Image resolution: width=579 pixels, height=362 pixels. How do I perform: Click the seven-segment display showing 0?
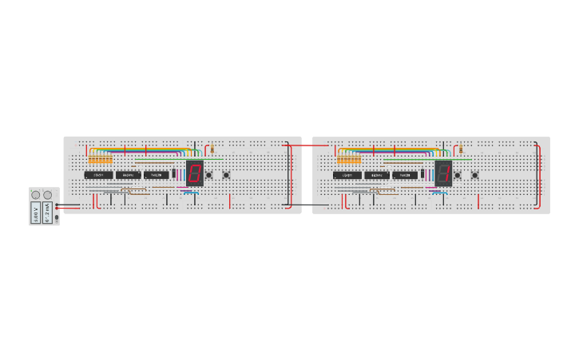pyautogui.click(x=194, y=173)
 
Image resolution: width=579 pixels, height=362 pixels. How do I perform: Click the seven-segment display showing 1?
pyautogui.click(x=443, y=173)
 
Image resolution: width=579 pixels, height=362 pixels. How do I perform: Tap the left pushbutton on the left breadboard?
pyautogui.click(x=209, y=175)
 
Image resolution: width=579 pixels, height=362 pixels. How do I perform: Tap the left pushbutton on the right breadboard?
pyautogui.click(x=458, y=175)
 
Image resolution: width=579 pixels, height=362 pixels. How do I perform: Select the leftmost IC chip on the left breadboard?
pyautogui.click(x=98, y=175)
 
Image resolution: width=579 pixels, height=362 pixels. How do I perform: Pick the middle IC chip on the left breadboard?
pyautogui.click(x=128, y=175)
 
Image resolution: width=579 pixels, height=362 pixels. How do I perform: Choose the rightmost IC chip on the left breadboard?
pyautogui.click(x=157, y=175)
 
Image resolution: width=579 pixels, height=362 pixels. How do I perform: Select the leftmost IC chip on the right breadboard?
pyautogui.click(x=347, y=175)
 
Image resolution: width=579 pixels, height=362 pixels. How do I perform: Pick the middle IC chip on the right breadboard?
pyautogui.click(x=377, y=175)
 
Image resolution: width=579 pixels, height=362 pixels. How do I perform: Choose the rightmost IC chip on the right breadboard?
pyautogui.click(x=405, y=175)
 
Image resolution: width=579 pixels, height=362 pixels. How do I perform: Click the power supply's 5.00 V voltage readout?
pyautogui.click(x=36, y=213)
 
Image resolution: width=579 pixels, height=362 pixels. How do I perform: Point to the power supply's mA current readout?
pyautogui.click(x=47, y=213)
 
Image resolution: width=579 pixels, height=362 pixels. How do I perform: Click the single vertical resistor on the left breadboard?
pyautogui.click(x=212, y=149)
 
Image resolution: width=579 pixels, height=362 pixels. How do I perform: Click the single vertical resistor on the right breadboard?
pyautogui.click(x=461, y=149)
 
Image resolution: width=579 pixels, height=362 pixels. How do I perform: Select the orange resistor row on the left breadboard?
pyautogui.click(x=101, y=160)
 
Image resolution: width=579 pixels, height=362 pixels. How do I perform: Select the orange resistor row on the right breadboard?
pyautogui.click(x=349, y=160)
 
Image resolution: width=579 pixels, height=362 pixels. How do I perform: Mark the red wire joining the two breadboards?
pyautogui.click(x=307, y=145)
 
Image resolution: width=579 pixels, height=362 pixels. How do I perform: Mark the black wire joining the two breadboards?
pyautogui.click(x=307, y=205)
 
